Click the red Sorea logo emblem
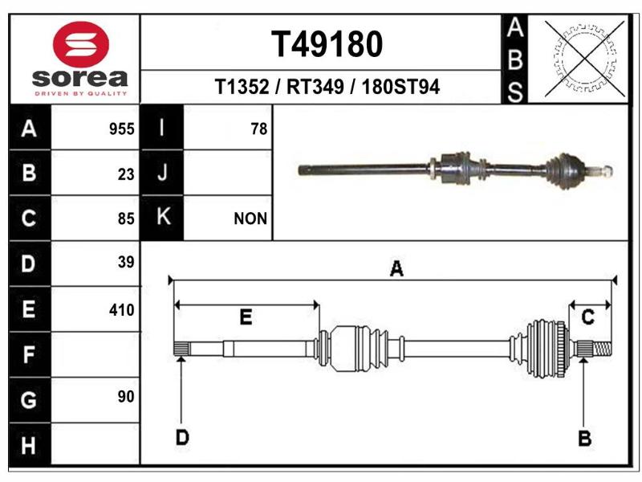[x=81, y=44]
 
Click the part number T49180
[x=327, y=44]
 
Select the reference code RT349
[x=315, y=87]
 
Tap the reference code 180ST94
[x=400, y=87]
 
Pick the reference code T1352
[x=242, y=87]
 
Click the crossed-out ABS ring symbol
[x=585, y=59]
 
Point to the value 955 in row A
[x=122, y=129]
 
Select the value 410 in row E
[x=122, y=310]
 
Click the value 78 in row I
[x=258, y=129]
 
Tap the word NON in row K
[x=250, y=219]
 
